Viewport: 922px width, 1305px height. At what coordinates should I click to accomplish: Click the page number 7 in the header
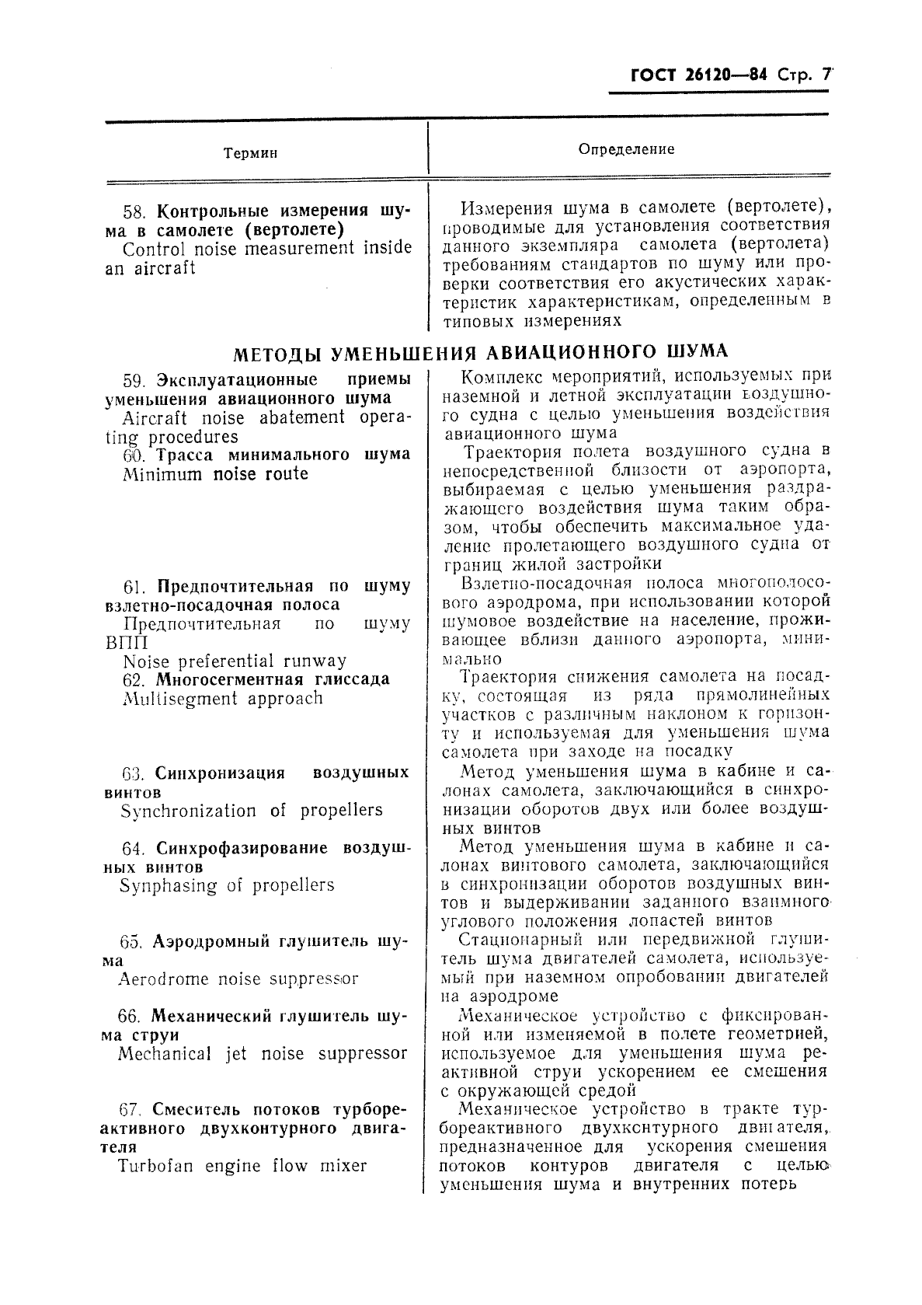click(x=826, y=76)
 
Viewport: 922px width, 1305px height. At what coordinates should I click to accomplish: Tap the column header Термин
click(x=251, y=153)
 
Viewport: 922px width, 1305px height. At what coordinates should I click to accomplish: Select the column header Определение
click(x=627, y=148)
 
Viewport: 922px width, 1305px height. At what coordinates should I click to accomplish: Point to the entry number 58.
click(x=135, y=211)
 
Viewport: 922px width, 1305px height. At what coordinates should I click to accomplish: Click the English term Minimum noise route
click(x=215, y=474)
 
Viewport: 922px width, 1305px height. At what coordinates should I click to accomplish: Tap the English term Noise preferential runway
click(x=235, y=661)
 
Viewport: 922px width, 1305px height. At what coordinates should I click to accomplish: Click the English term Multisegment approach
click(x=222, y=699)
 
